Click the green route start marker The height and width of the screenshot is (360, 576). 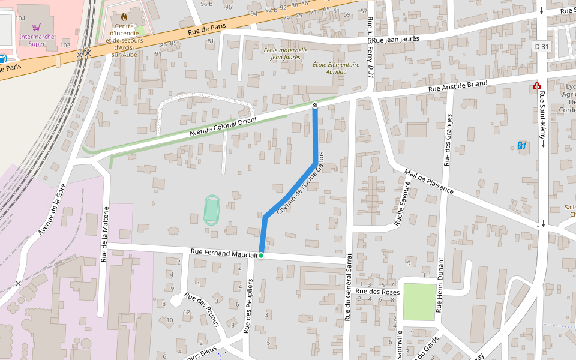(261, 256)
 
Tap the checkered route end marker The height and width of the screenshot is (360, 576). (315, 106)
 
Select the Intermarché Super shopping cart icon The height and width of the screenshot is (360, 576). (37, 27)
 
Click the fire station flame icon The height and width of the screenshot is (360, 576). (124, 17)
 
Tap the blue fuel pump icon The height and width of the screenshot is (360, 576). (521, 145)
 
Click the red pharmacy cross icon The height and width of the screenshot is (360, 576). (536, 86)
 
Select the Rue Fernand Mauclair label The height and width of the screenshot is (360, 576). (224, 254)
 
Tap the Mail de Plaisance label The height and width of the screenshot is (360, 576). (428, 181)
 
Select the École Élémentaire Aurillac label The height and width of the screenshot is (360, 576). (336, 68)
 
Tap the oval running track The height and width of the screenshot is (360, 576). (211, 209)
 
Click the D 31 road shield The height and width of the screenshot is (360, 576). (541, 47)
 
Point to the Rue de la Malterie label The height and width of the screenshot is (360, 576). (106, 234)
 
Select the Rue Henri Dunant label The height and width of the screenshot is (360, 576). (440, 284)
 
